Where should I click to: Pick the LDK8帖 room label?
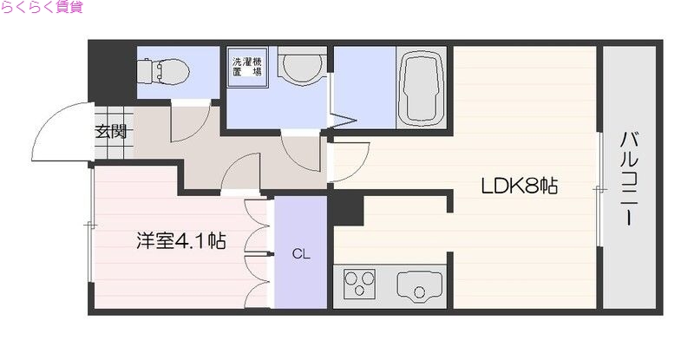tap(520, 185)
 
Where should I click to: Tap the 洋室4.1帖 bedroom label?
tap(180, 240)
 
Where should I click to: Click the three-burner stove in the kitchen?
tap(363, 284)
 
